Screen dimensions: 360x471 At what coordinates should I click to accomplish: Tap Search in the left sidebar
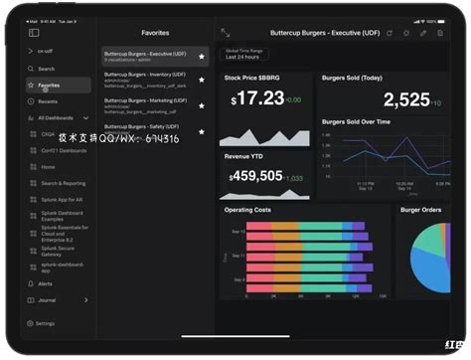tap(47, 69)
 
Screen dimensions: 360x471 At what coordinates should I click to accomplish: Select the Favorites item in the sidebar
tap(49, 86)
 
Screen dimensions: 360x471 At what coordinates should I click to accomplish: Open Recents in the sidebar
tap(48, 101)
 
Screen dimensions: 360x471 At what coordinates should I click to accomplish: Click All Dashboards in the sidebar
tap(56, 118)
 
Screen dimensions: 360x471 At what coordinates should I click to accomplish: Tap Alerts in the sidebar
tap(46, 283)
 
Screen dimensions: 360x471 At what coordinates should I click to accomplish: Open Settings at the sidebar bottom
tap(46, 323)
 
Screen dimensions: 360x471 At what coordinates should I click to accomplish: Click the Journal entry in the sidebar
tap(48, 299)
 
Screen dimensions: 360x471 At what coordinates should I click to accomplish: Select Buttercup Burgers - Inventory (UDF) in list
tap(145, 75)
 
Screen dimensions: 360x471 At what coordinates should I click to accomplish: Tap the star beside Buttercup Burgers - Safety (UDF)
tap(202, 131)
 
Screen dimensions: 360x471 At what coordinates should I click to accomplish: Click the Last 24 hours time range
tap(244, 57)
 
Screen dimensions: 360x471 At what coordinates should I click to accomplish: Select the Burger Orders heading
tap(420, 210)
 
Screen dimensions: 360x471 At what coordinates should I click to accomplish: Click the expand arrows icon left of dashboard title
tap(226, 33)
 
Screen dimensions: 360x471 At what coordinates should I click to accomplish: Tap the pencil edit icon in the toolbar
tap(422, 33)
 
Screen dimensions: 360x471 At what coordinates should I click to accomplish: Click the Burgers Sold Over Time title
tap(356, 121)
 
